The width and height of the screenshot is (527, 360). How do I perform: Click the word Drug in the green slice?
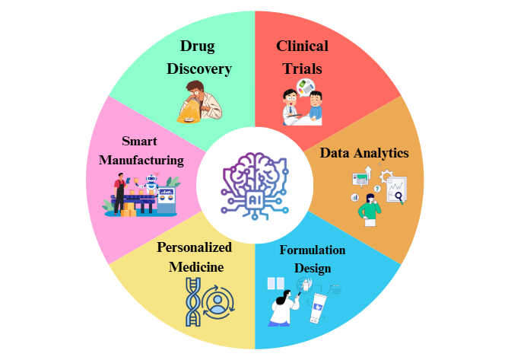pos(197,46)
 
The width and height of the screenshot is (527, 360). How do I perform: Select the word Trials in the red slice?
pos(302,68)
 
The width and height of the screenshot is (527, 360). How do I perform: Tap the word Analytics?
pos(384,153)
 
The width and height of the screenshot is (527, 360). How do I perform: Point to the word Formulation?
pos(312,250)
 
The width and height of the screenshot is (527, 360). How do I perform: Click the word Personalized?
pos(194,247)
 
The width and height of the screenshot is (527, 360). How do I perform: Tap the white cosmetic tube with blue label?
pos(316,308)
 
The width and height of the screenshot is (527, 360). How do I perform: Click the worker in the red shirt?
pos(119,192)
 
